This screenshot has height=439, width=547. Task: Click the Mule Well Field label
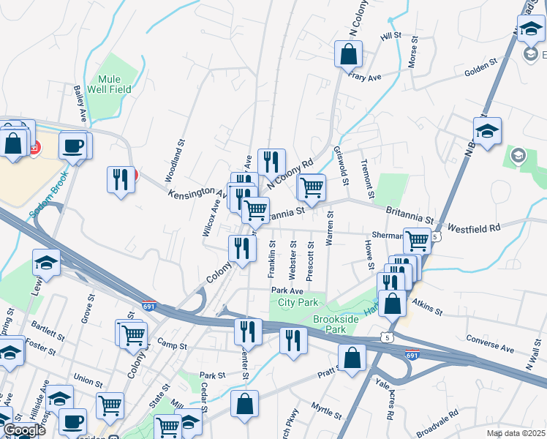[116, 84]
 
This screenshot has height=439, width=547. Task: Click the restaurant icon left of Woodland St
[121, 179]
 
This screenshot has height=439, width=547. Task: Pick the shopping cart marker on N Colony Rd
[312, 187]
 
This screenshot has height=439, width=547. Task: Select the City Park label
[298, 302]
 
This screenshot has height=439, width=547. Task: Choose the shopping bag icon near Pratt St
[352, 358]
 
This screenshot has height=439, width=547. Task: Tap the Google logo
[24, 430]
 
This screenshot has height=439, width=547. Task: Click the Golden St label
[480, 69]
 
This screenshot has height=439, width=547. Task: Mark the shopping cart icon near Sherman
[417, 239]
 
